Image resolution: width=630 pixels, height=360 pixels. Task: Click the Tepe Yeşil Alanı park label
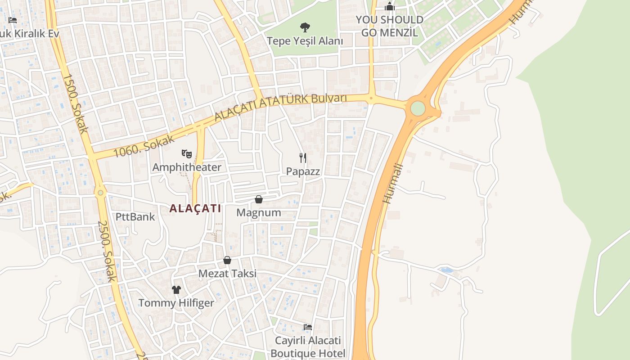(x=305, y=41)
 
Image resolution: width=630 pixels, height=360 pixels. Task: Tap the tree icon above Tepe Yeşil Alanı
(x=305, y=27)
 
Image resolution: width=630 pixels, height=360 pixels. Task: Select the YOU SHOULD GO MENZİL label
(x=390, y=26)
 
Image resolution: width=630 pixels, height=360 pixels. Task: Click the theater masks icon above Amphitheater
(x=187, y=154)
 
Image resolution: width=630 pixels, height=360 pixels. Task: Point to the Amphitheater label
(x=187, y=167)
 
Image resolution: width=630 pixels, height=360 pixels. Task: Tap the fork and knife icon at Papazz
(x=303, y=157)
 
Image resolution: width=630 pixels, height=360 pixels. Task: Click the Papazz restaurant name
(x=303, y=171)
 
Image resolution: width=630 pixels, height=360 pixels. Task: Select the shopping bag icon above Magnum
(x=259, y=199)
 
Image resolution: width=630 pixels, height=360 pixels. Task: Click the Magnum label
(x=259, y=212)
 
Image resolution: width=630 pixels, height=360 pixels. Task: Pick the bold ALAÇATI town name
(x=195, y=208)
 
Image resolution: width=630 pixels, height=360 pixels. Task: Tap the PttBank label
(x=135, y=217)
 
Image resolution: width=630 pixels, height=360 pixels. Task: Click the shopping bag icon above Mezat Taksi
(x=227, y=260)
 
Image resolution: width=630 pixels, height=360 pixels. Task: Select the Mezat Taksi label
(x=227, y=274)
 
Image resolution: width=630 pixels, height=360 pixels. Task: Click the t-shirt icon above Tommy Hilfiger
(x=176, y=289)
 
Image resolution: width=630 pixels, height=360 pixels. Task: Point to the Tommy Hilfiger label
(x=176, y=303)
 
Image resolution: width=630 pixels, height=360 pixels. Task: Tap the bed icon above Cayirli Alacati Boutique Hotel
(x=308, y=327)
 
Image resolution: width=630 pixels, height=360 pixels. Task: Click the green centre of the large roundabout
(x=418, y=108)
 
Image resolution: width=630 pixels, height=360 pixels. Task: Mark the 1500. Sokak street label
(x=75, y=103)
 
